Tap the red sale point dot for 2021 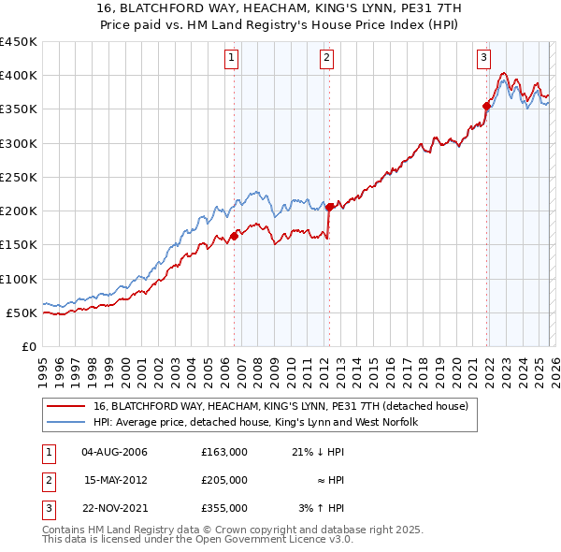(486, 106)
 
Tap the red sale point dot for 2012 (329, 208)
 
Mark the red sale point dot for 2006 (234, 236)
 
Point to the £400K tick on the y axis (19, 76)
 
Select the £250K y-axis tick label (19, 177)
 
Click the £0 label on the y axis (29, 346)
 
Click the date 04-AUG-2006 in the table (114, 452)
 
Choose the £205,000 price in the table (223, 480)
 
